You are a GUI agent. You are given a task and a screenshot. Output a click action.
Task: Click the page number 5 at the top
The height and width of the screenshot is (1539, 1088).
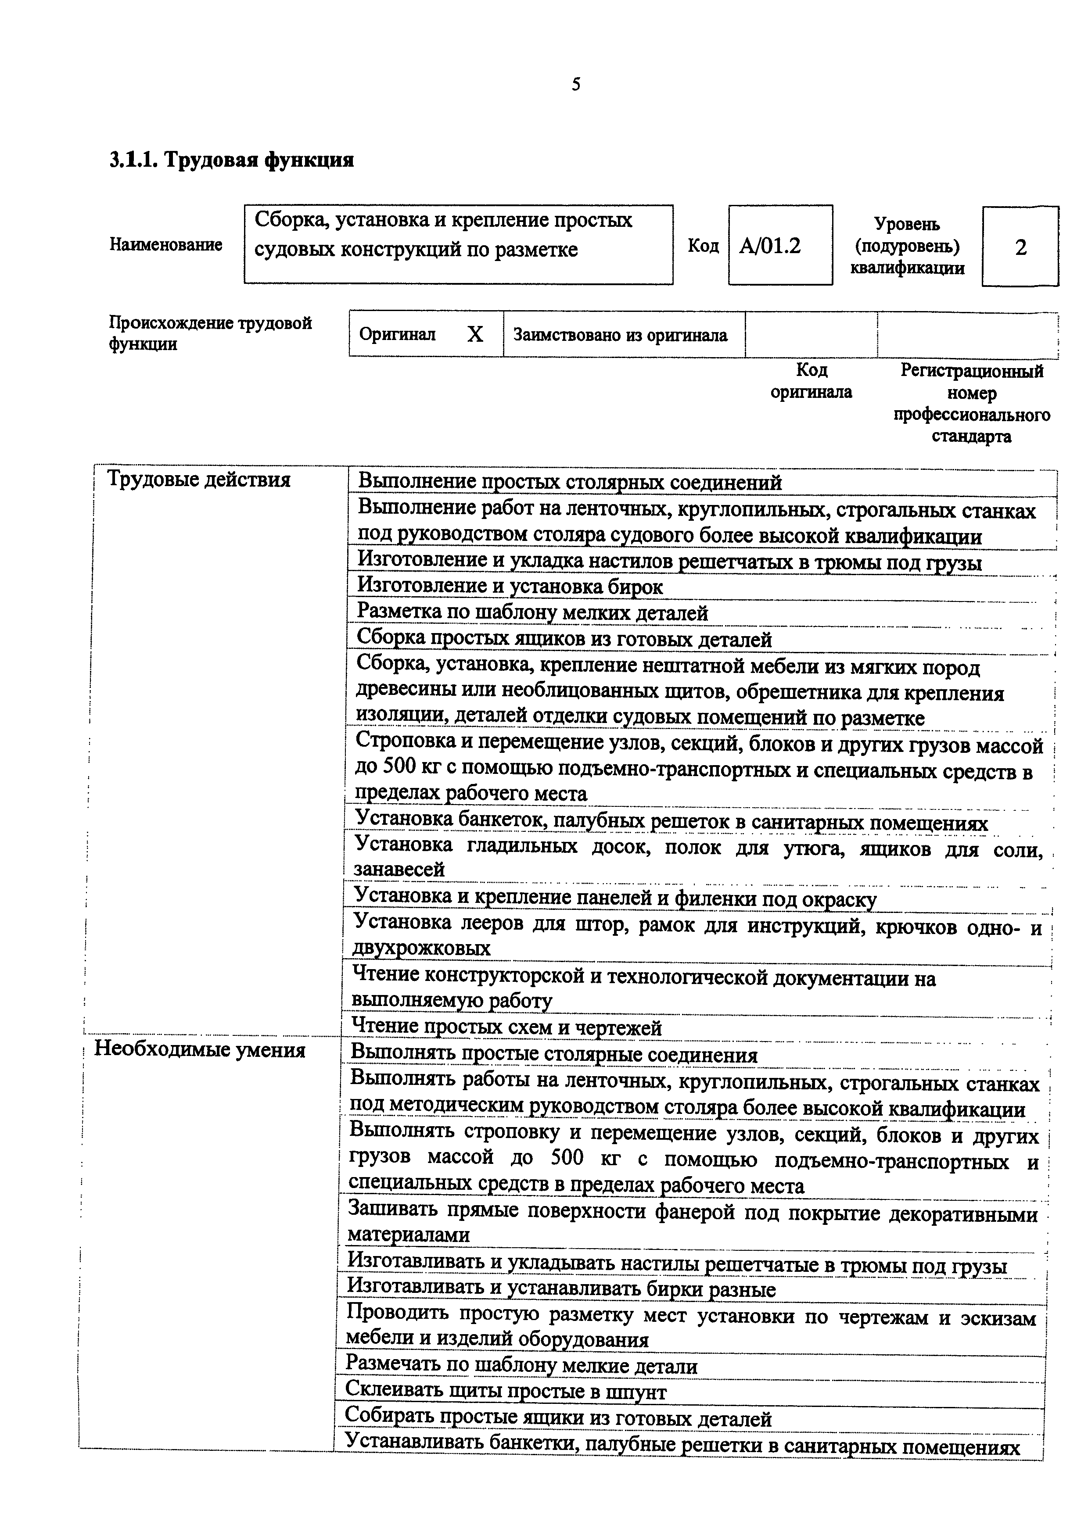click(576, 85)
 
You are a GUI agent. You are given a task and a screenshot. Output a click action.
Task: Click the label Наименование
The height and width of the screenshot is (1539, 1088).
click(165, 245)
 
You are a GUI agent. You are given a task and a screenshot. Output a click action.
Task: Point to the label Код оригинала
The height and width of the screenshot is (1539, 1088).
click(811, 381)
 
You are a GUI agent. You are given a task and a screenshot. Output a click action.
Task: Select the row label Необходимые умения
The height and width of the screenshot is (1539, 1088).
click(199, 1049)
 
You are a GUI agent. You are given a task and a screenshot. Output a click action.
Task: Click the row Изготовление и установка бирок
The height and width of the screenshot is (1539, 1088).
click(510, 587)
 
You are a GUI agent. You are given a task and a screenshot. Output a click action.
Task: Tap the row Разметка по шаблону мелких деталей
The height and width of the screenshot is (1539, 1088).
click(532, 612)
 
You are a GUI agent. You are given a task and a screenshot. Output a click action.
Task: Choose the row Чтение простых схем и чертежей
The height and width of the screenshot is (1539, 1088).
click(507, 1027)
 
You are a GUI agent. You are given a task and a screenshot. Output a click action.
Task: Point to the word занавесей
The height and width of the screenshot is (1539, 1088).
click(399, 870)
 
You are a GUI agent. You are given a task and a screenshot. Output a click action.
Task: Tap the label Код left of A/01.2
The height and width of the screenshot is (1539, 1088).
click(703, 246)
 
